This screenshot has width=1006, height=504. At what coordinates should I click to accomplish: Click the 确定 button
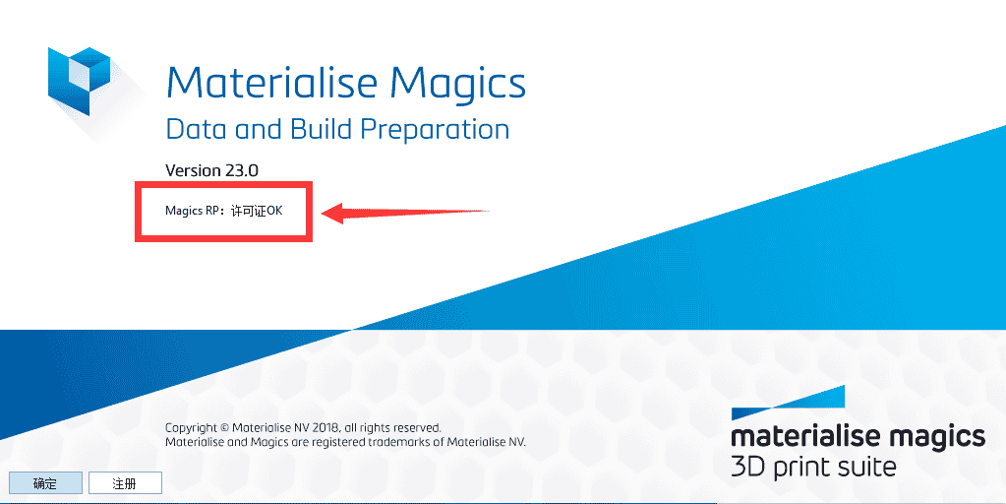click(x=45, y=483)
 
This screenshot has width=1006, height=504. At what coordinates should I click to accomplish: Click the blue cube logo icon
click(x=79, y=81)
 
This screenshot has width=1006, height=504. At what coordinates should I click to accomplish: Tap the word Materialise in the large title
click(x=272, y=82)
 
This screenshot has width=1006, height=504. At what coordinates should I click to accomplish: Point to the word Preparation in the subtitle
click(x=435, y=131)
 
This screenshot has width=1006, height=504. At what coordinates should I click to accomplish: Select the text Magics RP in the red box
click(x=193, y=211)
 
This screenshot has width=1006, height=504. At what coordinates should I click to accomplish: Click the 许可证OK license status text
click(x=257, y=211)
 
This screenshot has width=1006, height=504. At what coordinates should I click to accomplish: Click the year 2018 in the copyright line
click(x=325, y=427)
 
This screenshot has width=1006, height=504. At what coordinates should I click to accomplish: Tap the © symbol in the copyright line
click(x=224, y=427)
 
